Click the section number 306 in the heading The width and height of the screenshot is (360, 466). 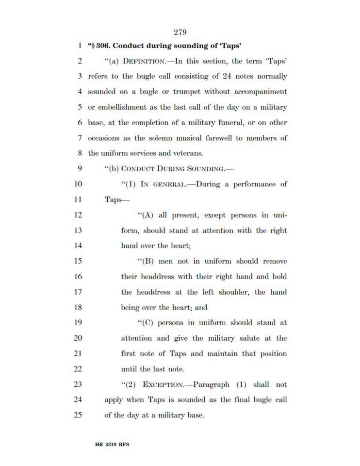104,46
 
